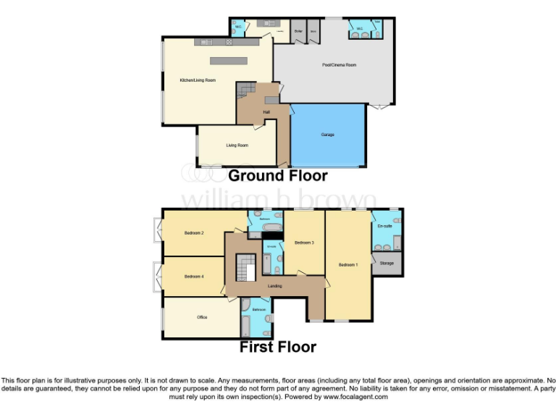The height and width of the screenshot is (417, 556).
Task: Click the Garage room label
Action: coord(327,135)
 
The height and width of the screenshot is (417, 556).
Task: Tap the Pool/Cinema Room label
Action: coord(339,65)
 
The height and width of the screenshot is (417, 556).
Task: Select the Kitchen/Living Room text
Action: coord(198,80)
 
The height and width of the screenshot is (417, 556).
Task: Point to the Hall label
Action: coord(266,112)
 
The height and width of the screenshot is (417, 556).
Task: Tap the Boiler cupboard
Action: coord(298,32)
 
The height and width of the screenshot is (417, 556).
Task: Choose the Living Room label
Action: coord(237,146)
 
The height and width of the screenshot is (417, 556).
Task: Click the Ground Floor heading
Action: coord(278,176)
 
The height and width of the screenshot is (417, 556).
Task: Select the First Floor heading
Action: coord(278,347)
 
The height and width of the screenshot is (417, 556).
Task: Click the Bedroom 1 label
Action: coord(347,265)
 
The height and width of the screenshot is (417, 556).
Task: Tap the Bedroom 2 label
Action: coord(193,233)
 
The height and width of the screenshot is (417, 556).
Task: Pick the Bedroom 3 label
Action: coord(303,243)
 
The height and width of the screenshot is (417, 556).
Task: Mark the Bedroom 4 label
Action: coord(193,277)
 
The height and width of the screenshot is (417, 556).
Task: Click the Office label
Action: coord(202,317)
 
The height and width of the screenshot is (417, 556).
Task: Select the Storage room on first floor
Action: coord(387,264)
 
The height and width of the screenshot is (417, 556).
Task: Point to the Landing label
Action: coord(274,287)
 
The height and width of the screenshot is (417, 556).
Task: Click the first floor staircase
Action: coord(247,271)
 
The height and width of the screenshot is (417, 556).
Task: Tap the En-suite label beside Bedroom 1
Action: coord(384,227)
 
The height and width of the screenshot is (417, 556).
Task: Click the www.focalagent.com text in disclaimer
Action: coord(355,397)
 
